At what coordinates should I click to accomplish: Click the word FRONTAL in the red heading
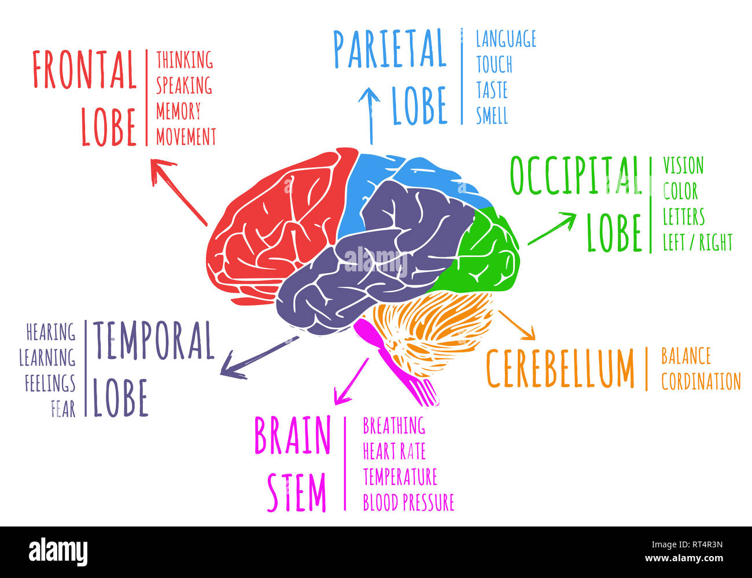[84, 69]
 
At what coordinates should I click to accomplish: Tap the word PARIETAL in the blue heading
[389, 49]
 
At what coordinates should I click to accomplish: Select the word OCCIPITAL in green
[576, 175]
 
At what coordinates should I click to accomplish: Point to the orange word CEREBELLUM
[560, 369]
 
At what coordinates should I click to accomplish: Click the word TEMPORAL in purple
[154, 340]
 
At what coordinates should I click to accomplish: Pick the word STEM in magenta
[297, 493]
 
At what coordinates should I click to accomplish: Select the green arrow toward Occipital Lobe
[552, 228]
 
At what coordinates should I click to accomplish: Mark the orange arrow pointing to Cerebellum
[517, 325]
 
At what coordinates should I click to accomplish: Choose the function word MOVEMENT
[186, 137]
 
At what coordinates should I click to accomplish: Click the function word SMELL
[492, 116]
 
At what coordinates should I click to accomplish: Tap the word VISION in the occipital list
[683, 166]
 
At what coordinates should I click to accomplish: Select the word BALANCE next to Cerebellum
[685, 356]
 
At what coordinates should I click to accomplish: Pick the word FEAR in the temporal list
[63, 409]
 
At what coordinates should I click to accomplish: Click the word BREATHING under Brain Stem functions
[394, 426]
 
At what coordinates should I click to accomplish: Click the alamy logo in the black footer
[58, 551]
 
